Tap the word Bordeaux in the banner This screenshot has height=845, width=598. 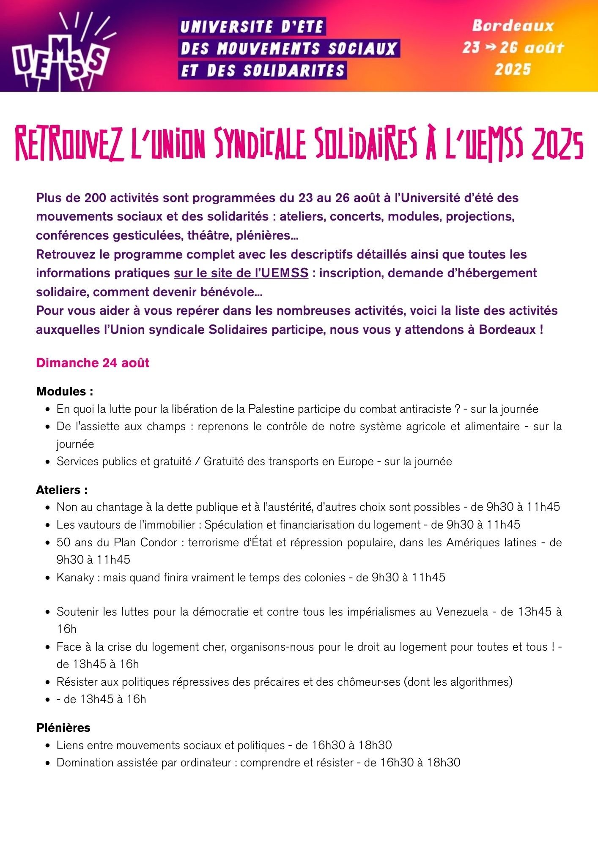tap(513, 26)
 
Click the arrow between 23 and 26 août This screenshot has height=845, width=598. tap(490, 47)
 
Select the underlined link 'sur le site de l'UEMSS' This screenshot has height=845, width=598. tap(241, 273)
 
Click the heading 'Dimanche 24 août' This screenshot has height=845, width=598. tap(93, 363)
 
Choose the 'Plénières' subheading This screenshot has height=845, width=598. tap(63, 728)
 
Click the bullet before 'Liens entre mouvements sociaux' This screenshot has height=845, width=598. tap(48, 745)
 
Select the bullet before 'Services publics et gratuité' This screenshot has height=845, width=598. tap(48, 461)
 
